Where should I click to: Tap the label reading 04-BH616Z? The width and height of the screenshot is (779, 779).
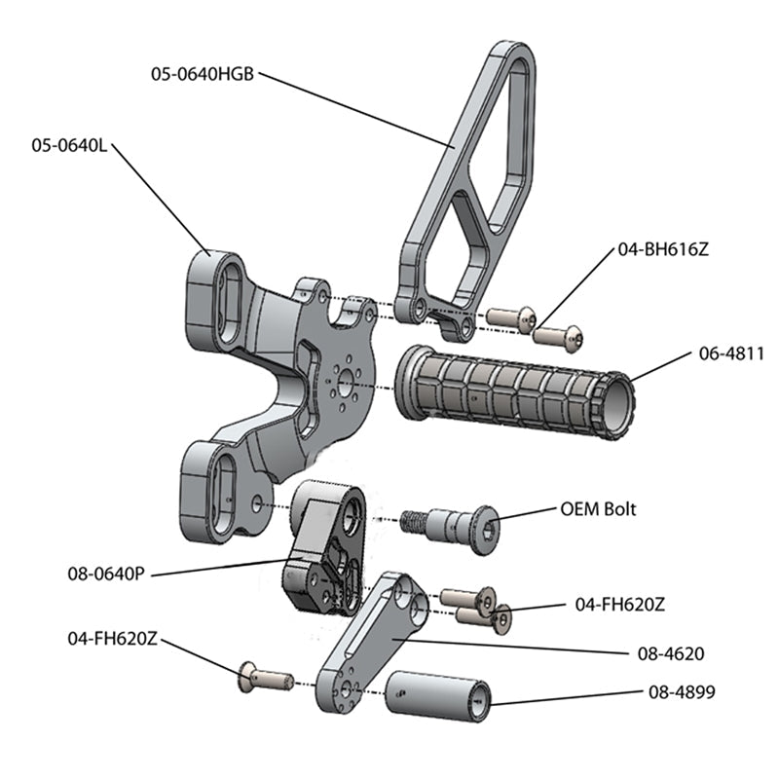[x=662, y=249]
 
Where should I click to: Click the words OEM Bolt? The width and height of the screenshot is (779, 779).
[x=599, y=509]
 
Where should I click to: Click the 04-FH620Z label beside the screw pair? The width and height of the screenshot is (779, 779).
[x=620, y=604]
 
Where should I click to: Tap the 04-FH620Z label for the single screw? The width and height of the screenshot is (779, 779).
[x=112, y=638]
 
